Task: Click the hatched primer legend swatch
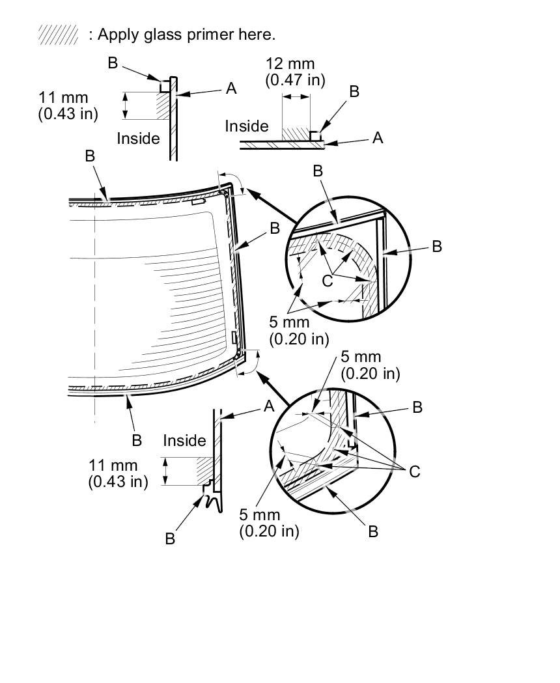coord(58,35)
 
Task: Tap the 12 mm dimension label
coord(290,64)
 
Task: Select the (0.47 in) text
coord(295,79)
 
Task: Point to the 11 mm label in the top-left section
coord(63,98)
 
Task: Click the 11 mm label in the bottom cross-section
coord(113,466)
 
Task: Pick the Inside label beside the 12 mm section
coord(247,126)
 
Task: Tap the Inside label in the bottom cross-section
coord(184,441)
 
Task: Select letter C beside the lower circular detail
coord(415,471)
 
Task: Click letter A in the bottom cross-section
coord(269,406)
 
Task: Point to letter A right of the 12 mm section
coord(378,137)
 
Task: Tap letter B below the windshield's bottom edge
coord(137,441)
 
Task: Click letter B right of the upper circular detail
coord(437,246)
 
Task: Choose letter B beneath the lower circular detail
coord(373,532)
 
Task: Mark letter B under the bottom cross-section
coord(170,538)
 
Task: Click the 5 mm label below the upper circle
coord(290,322)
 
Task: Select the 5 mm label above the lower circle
coord(361,357)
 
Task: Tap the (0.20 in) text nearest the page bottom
coord(269,531)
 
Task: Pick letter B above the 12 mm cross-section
coord(354,91)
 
